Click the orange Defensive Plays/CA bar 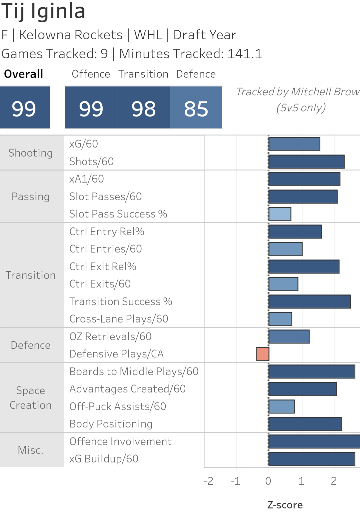tap(263, 354)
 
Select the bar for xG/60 tap(294, 144)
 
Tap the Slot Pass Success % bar tap(280, 214)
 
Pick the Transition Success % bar tap(309, 302)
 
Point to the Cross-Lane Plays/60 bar tap(280, 319)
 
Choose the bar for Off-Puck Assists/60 tap(281, 406)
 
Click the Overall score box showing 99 tap(24, 108)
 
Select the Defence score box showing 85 tap(196, 108)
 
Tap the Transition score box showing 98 tap(143, 108)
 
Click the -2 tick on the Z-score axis tap(209, 481)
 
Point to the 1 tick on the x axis tap(301, 481)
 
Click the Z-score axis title tap(285, 505)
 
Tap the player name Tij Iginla tap(43, 11)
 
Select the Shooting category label tap(31, 153)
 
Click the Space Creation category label tap(31, 398)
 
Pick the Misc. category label tap(31, 450)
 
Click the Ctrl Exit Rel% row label tap(103, 267)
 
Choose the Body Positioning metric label tap(111, 424)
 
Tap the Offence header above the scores tap(91, 74)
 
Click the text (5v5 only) tap(301, 108)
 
